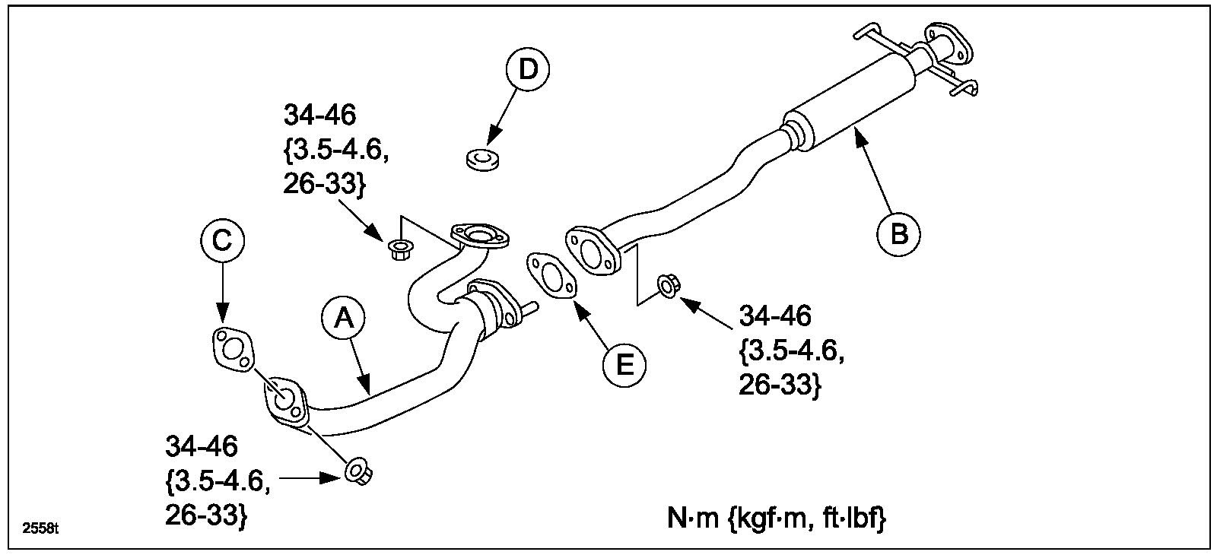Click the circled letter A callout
tap(344, 320)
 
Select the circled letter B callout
tap(898, 233)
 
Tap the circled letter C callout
tap(222, 241)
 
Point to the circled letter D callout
tap(528, 69)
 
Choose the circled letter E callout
tap(624, 366)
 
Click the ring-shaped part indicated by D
tap(479, 160)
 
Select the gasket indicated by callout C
tap(231, 350)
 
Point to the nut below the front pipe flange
tap(357, 472)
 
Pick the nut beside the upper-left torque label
tap(399, 249)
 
